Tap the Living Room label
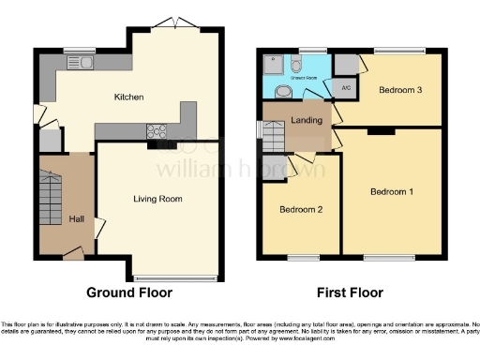(x=157, y=199)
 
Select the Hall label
(x=77, y=218)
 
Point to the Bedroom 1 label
(x=392, y=192)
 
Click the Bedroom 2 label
(x=301, y=210)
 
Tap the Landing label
(x=307, y=119)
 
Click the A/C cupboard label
(x=346, y=89)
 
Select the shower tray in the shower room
(x=274, y=66)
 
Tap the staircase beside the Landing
(x=274, y=139)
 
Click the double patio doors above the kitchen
(x=174, y=23)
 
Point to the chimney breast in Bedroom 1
(x=380, y=131)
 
